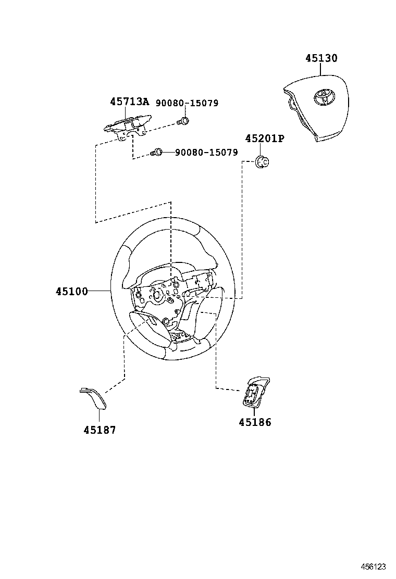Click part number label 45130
point(321,58)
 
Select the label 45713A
point(129,102)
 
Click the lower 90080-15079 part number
point(206,153)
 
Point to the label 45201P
point(265,139)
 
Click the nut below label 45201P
point(263,162)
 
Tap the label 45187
point(100,430)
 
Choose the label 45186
point(255,422)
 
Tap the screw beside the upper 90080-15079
point(183,122)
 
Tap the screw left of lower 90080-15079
point(157,152)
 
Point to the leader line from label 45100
point(99,291)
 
